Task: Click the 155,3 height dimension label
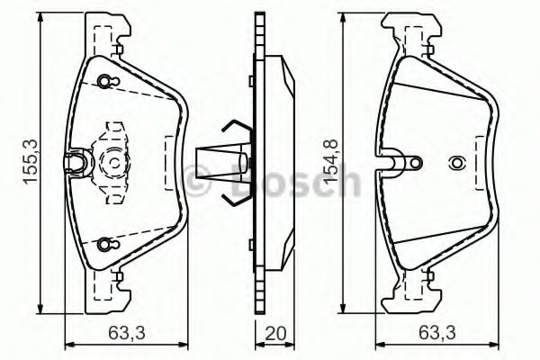[31, 162]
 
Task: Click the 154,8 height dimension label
[330, 160]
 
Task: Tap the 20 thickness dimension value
[275, 333]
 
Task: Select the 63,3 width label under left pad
[127, 333]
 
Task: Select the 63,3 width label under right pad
[437, 333]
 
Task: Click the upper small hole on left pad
[103, 82]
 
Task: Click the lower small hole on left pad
[103, 244]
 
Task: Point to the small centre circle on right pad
[456, 163]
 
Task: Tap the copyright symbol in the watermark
[196, 180]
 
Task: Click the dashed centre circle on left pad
[114, 163]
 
